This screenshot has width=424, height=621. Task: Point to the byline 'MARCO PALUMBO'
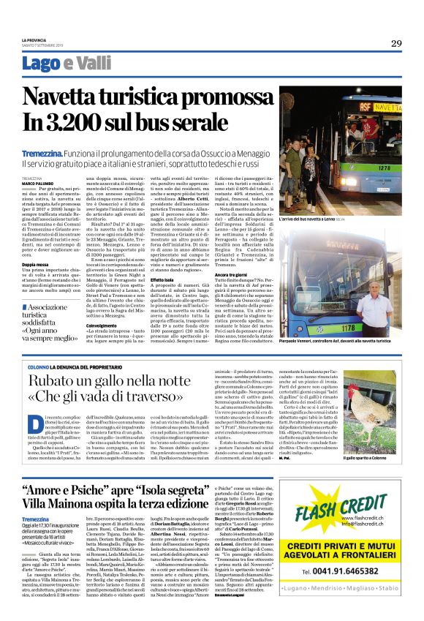coord(37,183)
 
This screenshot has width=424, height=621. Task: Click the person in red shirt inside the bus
coord(369,129)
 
